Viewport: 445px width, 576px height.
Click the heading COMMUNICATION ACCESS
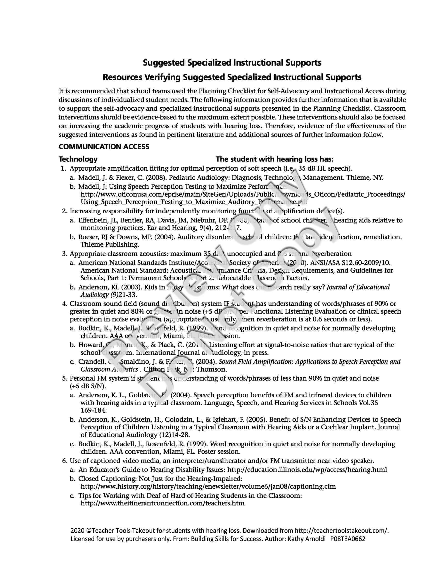[104, 147]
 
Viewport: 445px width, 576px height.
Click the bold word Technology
[78, 159]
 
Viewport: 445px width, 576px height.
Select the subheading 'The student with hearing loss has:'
[275, 159]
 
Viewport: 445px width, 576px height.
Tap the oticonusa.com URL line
[243, 194]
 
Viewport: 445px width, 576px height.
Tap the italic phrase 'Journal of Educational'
[358, 287]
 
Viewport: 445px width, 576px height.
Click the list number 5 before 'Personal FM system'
[64, 378]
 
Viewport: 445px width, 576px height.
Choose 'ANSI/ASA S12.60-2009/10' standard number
[351, 263]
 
